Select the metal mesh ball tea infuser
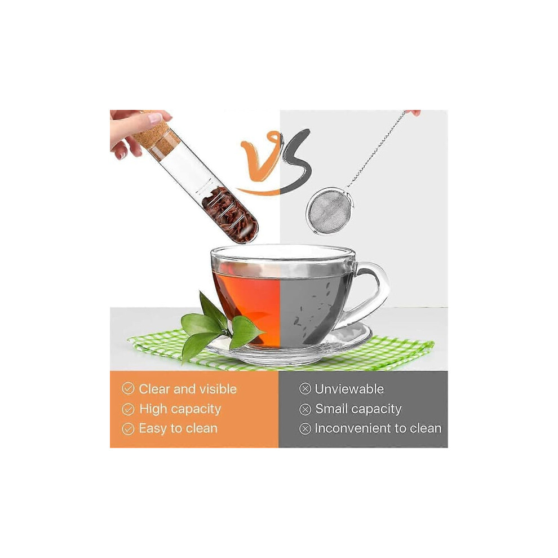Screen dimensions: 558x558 (330, 212)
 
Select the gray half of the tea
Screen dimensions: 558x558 (313, 307)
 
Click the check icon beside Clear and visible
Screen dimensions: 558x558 (128, 388)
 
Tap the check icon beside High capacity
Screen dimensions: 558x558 (128, 409)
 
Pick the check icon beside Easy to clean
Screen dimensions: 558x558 (128, 429)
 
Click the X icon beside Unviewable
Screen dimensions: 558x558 (305, 388)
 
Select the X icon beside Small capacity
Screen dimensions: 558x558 (305, 409)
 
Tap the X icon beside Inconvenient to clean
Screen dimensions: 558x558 (305, 429)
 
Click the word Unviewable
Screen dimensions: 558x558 (349, 388)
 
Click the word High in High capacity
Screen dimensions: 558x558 (153, 409)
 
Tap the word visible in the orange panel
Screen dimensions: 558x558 (218, 388)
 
